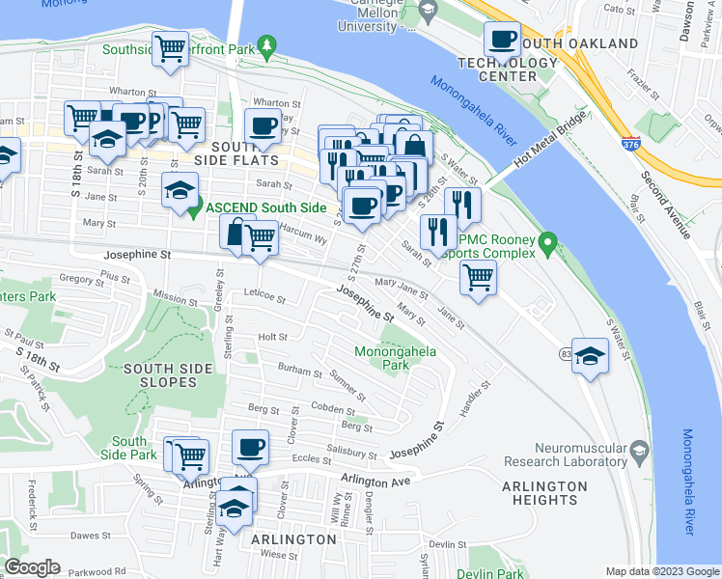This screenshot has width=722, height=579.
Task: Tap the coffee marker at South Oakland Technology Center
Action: pos(502,40)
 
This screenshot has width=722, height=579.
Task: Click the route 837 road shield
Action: pos(564,355)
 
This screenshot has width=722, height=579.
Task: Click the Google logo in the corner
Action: pos(33,567)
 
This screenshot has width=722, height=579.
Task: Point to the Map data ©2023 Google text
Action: pos(661,571)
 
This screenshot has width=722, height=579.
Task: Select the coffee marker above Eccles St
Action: pos(250,447)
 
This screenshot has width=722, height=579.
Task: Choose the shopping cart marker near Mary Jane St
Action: pos(478,276)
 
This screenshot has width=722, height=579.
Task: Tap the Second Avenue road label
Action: pos(667,206)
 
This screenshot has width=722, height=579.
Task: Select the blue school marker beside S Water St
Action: pos(590,355)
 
